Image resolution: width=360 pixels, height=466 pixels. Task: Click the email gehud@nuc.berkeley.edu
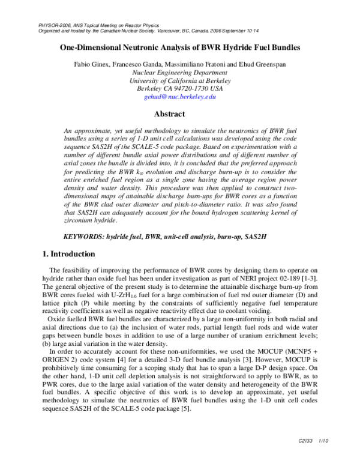(x=179, y=96)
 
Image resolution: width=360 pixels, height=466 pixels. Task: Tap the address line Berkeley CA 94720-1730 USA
(x=179, y=88)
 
